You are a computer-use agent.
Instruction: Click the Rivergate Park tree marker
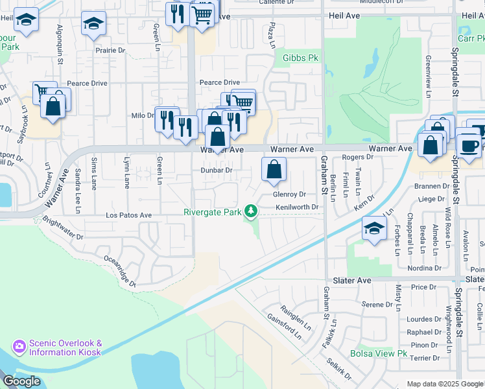[250, 211]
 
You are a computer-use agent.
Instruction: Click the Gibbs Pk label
[302, 58]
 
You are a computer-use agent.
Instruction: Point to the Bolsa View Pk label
[378, 354]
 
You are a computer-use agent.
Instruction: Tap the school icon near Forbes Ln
[374, 230]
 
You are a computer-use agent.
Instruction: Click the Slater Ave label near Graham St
[351, 280]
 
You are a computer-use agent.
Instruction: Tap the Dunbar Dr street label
[216, 170]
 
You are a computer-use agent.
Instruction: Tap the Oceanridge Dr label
[121, 270]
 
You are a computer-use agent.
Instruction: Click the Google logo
[21, 381]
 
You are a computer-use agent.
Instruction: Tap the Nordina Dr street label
[425, 268]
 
